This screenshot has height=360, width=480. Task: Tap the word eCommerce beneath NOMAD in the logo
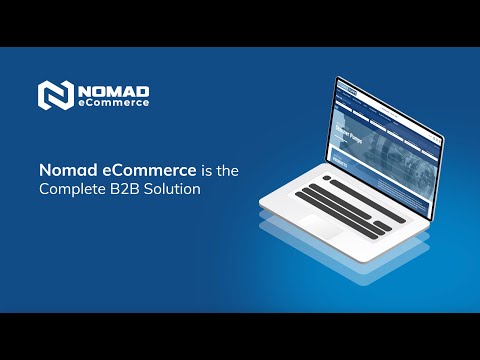click(x=115, y=102)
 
